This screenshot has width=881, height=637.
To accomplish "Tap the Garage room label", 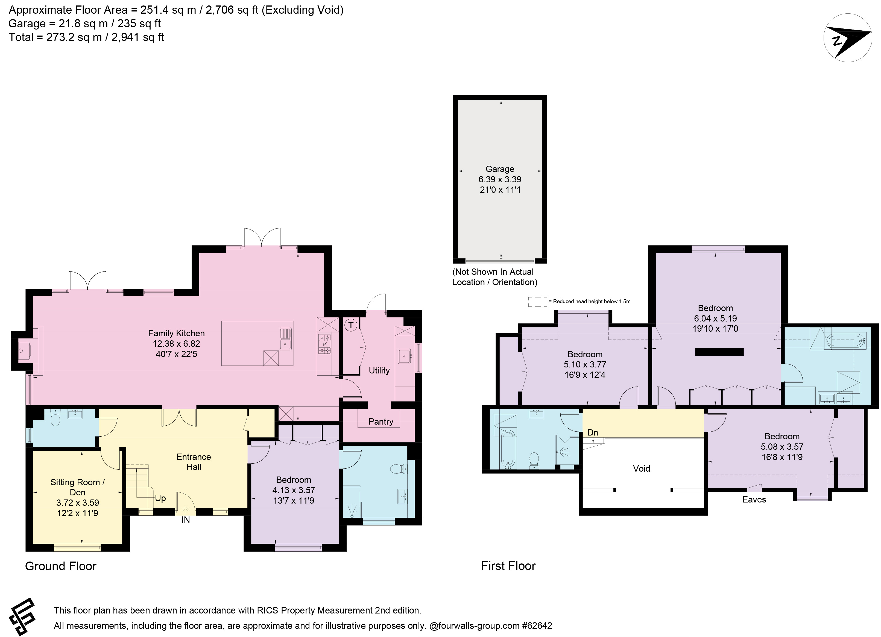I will click(x=500, y=169).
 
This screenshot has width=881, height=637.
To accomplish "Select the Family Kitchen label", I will click(x=176, y=333).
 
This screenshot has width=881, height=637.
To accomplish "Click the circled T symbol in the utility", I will click(x=351, y=325).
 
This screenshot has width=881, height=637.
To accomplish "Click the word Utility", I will click(x=379, y=370).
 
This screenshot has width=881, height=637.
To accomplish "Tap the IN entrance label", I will click(x=186, y=520).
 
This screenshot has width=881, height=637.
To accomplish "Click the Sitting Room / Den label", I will click(x=77, y=487).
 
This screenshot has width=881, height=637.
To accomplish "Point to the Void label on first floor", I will click(x=641, y=468).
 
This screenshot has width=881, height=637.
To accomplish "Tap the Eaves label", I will click(x=754, y=500).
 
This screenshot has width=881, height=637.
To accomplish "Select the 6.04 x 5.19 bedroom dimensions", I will click(x=715, y=318).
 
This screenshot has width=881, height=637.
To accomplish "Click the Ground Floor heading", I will click(x=61, y=566).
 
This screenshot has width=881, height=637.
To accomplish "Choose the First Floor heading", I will click(x=508, y=566).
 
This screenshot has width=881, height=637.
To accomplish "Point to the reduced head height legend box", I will click(x=537, y=302).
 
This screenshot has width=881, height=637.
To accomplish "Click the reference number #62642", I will click(x=537, y=626).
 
